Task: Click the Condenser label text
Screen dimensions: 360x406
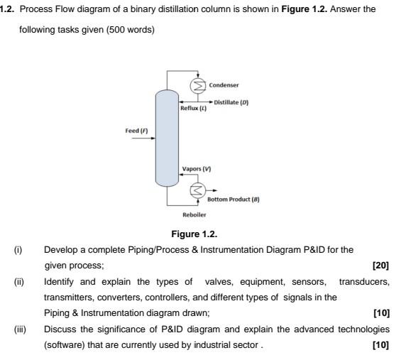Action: (x=224, y=85)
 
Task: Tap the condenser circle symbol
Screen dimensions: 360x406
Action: (x=198, y=86)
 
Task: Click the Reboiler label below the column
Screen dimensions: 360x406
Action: (x=194, y=214)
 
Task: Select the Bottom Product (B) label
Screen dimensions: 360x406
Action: (x=234, y=200)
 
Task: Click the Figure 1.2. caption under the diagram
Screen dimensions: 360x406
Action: (x=194, y=234)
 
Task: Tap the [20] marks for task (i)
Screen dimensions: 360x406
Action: (x=380, y=265)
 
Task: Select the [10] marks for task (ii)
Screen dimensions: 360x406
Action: (x=380, y=312)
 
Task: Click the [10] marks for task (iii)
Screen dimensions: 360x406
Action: (x=380, y=344)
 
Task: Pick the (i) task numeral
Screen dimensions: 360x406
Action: (x=18, y=250)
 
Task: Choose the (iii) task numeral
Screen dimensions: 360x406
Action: (x=19, y=329)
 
